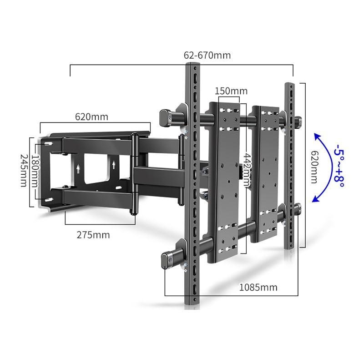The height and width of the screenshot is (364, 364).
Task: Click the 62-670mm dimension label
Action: point(207,56)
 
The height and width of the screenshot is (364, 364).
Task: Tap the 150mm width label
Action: point(231,91)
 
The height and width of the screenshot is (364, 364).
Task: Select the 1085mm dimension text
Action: point(258,288)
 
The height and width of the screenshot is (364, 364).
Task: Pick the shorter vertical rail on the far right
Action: point(289,166)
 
